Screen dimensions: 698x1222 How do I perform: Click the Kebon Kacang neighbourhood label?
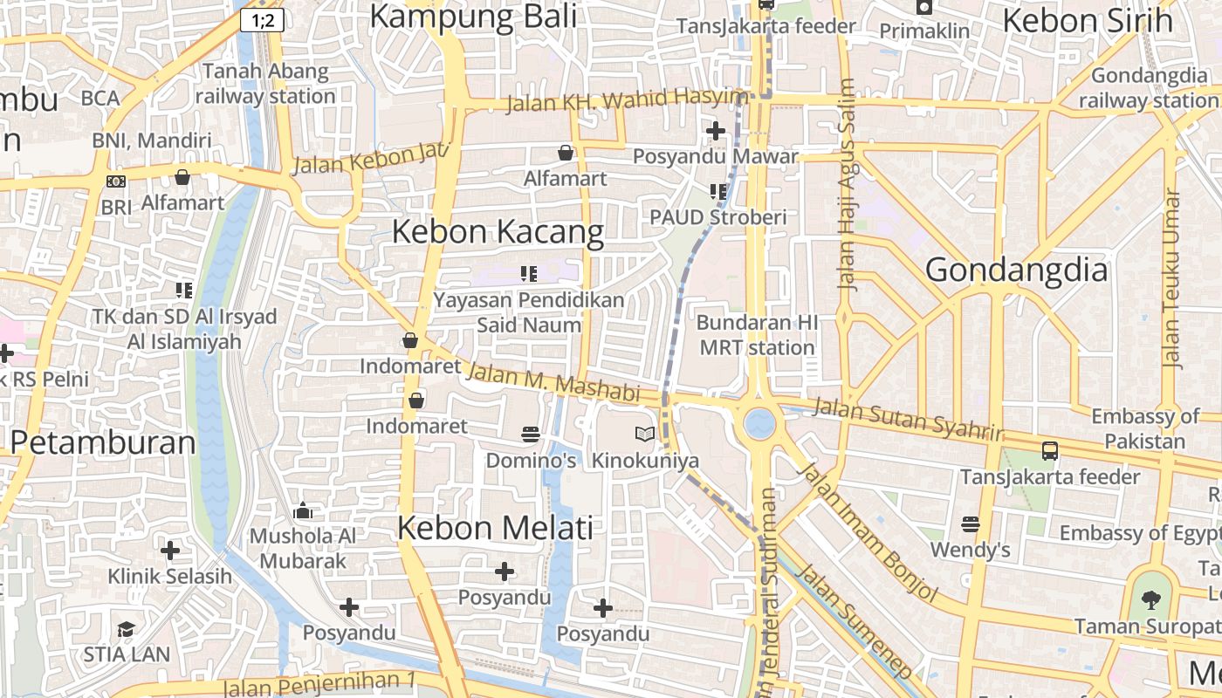click(x=498, y=232)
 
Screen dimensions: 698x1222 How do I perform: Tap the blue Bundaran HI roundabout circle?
click(x=759, y=424)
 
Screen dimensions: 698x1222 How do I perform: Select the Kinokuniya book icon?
click(x=645, y=434)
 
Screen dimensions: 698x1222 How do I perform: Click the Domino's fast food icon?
click(x=530, y=434)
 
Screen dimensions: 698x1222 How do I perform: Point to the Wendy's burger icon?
click(x=970, y=524)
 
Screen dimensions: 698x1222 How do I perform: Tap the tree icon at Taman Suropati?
click(x=1151, y=599)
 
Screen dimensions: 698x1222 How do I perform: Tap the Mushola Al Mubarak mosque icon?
click(x=303, y=510)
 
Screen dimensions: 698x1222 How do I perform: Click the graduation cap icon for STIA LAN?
click(x=127, y=629)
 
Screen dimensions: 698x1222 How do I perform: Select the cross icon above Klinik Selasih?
click(x=170, y=551)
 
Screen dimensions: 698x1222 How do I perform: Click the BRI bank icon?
click(x=115, y=181)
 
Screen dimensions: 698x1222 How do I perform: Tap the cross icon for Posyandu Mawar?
click(x=716, y=131)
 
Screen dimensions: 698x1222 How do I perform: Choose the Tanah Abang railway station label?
click(x=264, y=84)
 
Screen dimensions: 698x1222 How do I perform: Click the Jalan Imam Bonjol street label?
click(x=868, y=532)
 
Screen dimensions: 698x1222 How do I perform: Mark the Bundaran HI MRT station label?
click(x=757, y=335)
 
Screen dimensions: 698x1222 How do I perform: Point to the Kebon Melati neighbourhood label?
click(x=495, y=528)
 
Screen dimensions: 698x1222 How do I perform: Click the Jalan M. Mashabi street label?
click(x=553, y=382)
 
